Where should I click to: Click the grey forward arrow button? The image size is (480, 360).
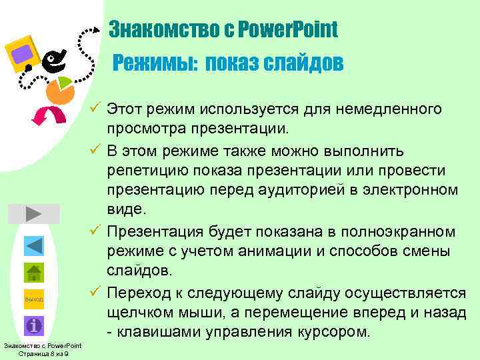click(x=33, y=214)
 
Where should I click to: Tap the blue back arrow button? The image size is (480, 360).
click(x=34, y=245)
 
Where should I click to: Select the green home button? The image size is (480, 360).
click(x=34, y=273)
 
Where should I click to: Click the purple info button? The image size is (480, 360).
click(x=34, y=325)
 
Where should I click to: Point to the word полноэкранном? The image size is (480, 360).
click(x=398, y=231)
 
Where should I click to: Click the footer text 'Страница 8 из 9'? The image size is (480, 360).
click(x=43, y=353)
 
